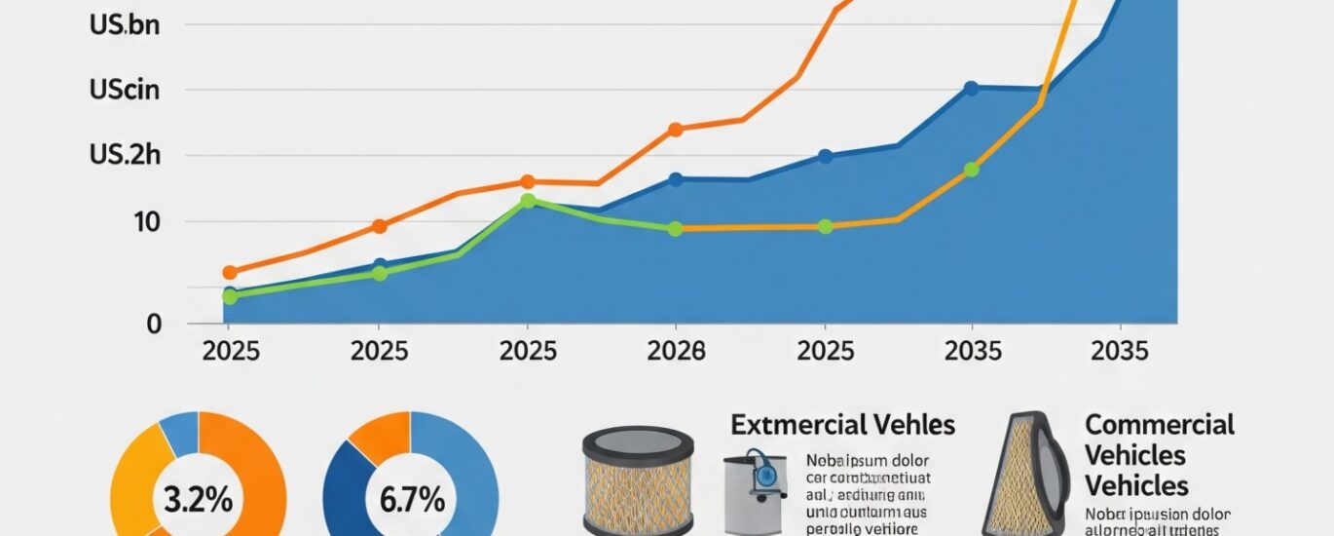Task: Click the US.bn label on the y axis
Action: click(124, 25)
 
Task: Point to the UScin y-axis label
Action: click(124, 91)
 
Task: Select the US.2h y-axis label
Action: click(124, 156)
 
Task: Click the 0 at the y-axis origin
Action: click(153, 324)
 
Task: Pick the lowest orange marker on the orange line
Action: click(230, 273)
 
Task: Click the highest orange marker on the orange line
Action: click(676, 129)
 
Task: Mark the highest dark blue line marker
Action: click(971, 88)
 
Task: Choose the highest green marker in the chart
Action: click(528, 201)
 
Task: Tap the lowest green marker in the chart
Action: click(230, 296)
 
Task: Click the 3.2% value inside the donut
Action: click(198, 501)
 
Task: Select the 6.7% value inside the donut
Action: click(410, 501)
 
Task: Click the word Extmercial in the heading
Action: click(788, 425)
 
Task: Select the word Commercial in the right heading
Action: click(1159, 425)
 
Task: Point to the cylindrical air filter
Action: click(637, 482)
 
